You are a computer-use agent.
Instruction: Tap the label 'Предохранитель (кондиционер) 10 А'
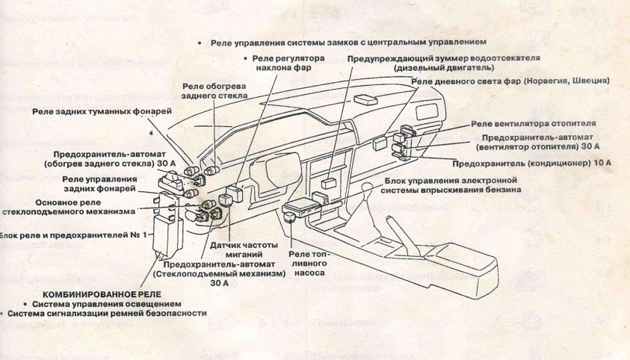pyautogui.click(x=532, y=161)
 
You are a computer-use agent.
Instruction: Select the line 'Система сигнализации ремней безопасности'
pyautogui.click(x=107, y=314)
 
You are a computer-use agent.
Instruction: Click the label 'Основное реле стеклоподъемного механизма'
pyautogui.click(x=68, y=207)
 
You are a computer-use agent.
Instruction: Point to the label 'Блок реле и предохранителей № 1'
pyautogui.click(x=73, y=235)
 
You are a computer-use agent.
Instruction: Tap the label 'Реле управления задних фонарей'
pyautogui.click(x=100, y=184)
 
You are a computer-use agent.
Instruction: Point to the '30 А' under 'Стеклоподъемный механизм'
pyautogui.click(x=219, y=283)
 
